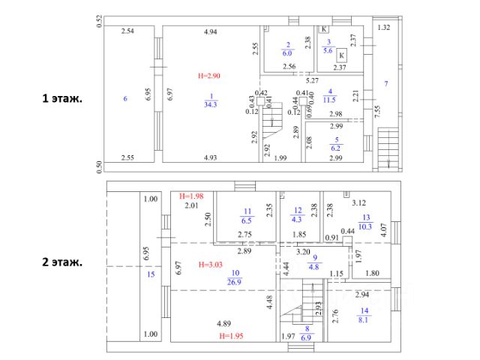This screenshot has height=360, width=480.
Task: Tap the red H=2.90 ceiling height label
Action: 211,76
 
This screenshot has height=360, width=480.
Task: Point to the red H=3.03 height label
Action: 211,265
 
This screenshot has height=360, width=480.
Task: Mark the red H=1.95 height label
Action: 232,336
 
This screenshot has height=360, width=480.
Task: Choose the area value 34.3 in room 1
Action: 211,104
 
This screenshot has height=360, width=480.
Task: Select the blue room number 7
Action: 386,83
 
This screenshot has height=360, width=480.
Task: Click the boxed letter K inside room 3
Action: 341,55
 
